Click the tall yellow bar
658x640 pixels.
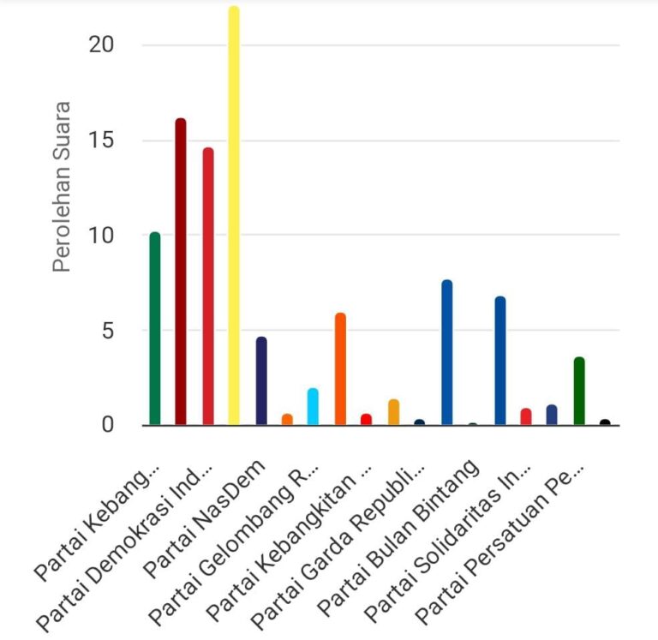(234, 214)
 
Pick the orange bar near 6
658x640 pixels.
(340, 369)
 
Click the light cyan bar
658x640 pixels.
(313, 407)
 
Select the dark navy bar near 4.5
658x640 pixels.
(261, 381)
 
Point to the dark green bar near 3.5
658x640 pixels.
(579, 391)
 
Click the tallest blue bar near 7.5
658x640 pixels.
(446, 352)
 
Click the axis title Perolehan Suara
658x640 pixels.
(61, 187)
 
